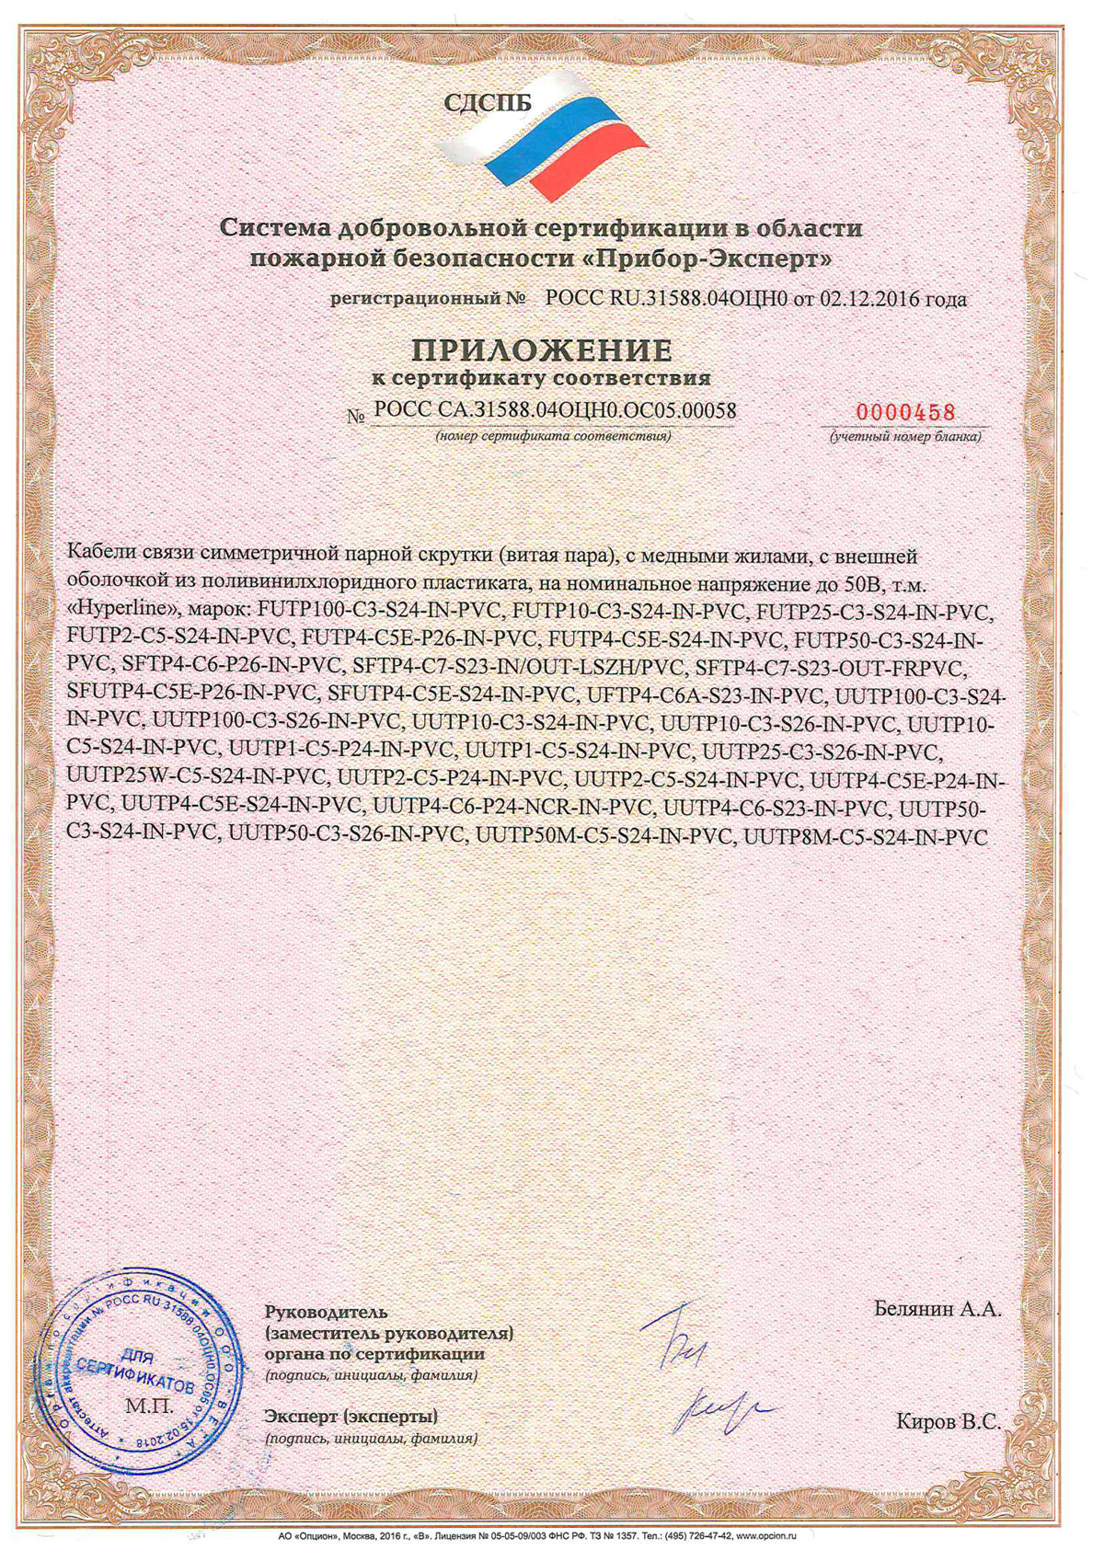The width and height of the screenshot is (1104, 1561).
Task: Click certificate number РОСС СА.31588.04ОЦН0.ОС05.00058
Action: [x=555, y=411]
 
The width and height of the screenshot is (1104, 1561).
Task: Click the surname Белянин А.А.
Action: [x=937, y=1309]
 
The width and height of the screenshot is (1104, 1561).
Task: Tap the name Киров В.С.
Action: [x=948, y=1421]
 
